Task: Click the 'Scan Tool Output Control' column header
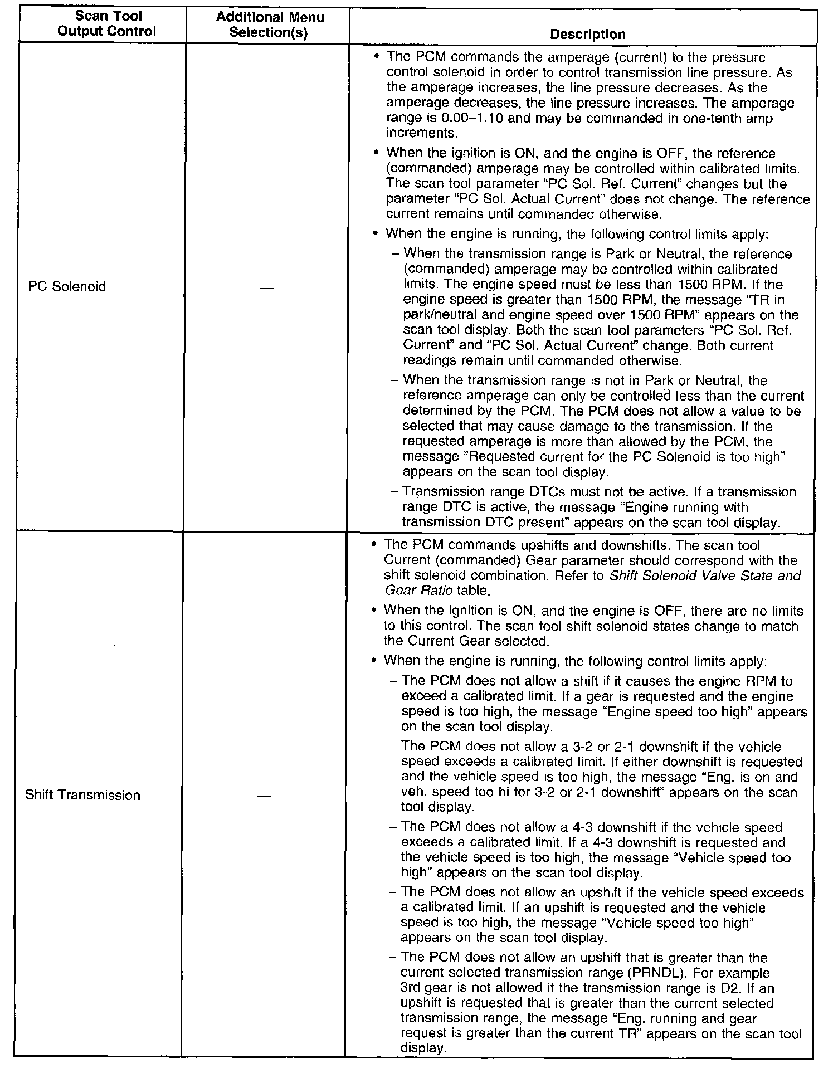click(106, 25)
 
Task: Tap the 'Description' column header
click(587, 35)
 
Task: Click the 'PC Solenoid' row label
click(67, 287)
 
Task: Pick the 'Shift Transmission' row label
click(82, 795)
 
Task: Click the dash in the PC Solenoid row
click(267, 288)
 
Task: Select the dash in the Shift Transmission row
click(264, 797)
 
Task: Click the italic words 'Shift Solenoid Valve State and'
click(705, 575)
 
